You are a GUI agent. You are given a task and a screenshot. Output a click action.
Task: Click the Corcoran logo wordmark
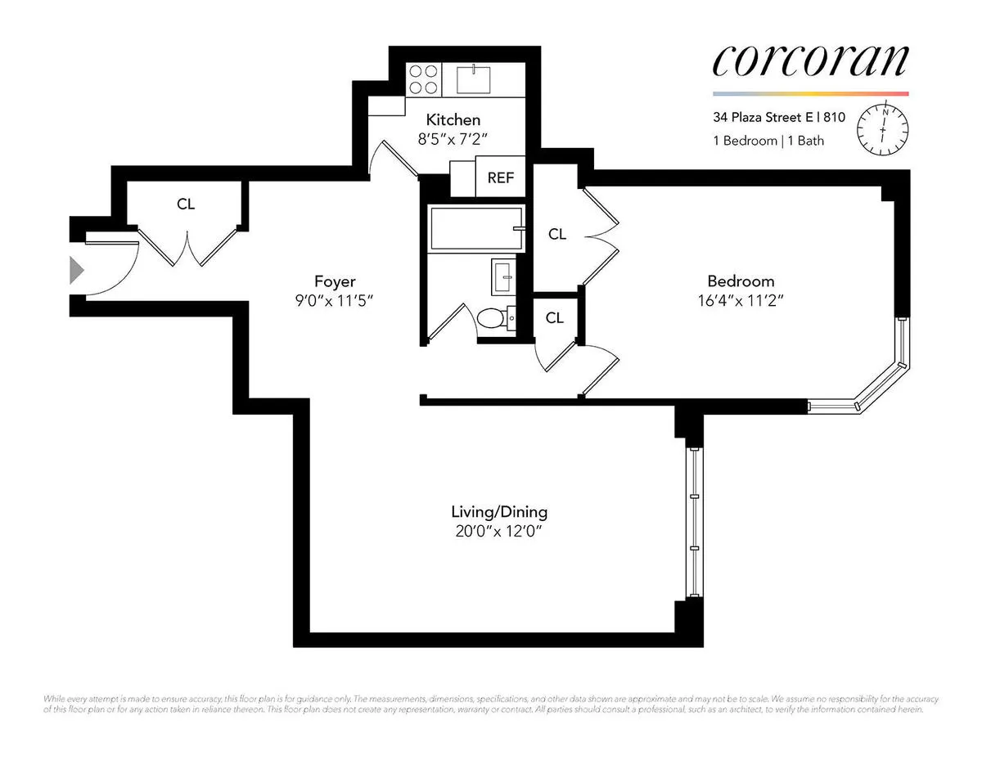pos(810,61)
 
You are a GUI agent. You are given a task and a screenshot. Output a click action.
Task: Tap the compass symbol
pos(883,128)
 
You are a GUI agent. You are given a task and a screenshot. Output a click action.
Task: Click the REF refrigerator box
pos(501,177)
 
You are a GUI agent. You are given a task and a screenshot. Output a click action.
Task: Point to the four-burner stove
pos(422,79)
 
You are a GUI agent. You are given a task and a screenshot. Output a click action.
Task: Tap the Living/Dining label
pos(499,513)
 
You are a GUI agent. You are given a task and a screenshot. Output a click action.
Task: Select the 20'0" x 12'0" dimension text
pos(499,532)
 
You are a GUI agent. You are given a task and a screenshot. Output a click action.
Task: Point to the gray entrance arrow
pos(76,269)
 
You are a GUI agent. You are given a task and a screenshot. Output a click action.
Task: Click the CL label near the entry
pos(186,204)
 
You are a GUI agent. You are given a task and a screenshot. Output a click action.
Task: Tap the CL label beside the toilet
pos(555,317)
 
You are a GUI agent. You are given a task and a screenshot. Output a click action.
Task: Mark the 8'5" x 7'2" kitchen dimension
pos(447,139)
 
